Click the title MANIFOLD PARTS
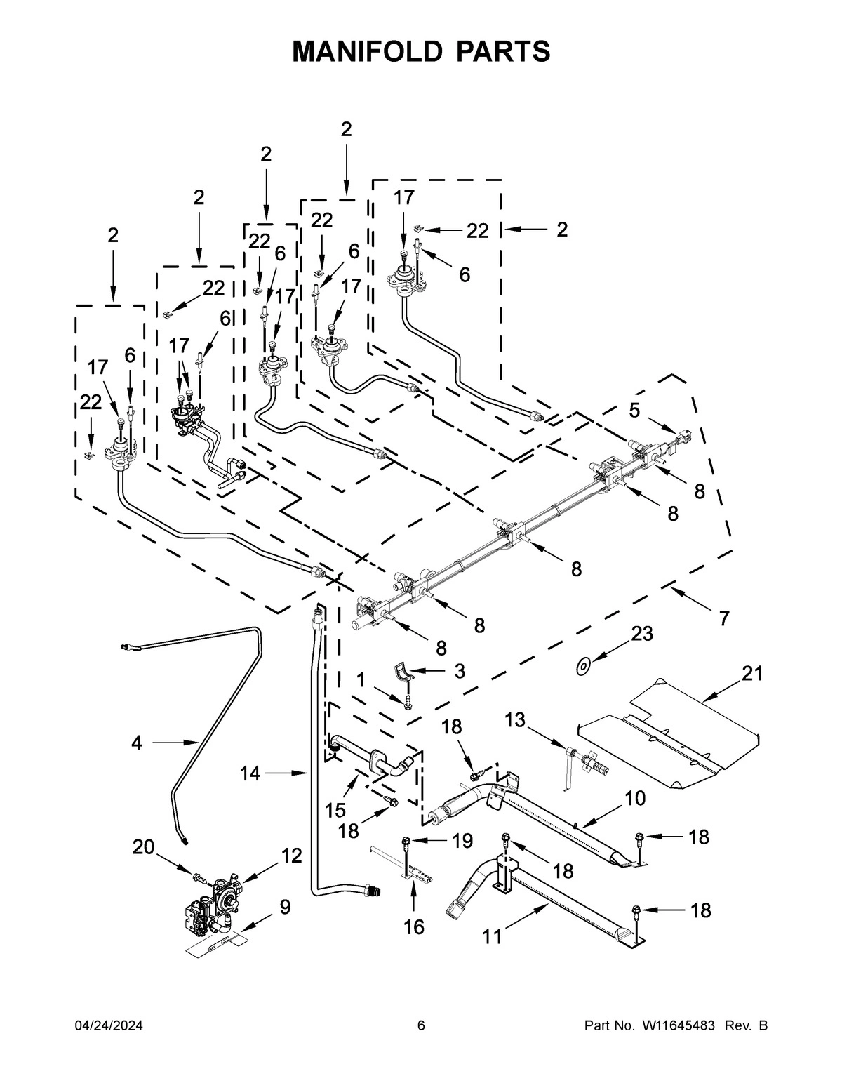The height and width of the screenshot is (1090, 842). tap(421, 52)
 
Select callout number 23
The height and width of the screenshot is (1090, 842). tap(641, 634)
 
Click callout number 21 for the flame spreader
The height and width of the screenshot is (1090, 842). tap(751, 673)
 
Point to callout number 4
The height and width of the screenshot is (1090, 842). tap(136, 743)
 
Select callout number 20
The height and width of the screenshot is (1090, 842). tap(143, 847)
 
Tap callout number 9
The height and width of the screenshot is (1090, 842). tap(284, 908)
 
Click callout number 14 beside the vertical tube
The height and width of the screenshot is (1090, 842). tap(250, 773)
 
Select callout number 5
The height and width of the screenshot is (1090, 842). tap(634, 411)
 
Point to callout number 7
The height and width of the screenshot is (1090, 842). tap(723, 618)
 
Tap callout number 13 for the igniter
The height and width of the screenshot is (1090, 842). tap(514, 719)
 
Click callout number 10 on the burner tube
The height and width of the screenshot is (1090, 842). tap(634, 798)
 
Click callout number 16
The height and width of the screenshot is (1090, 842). tap(414, 927)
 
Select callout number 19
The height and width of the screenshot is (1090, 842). tap(462, 840)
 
